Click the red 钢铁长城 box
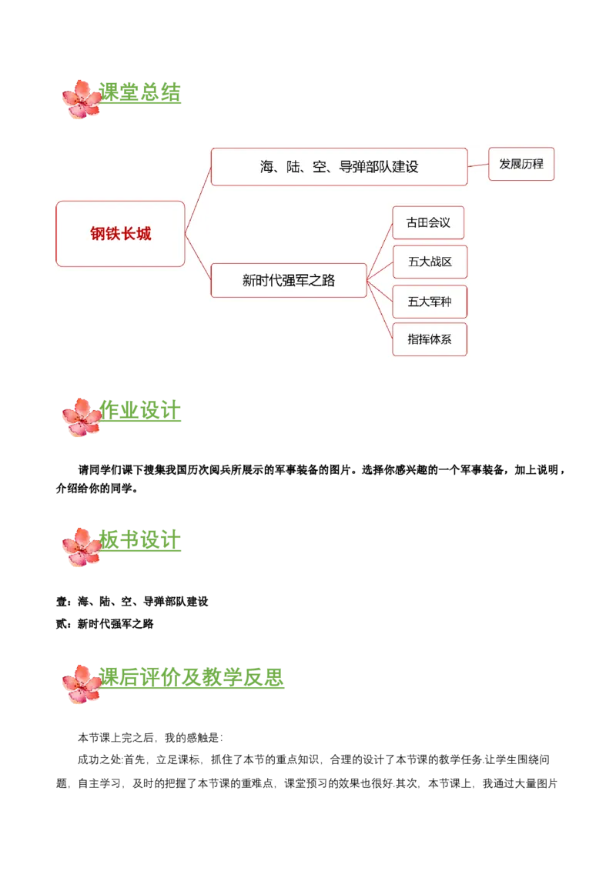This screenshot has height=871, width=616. (x=120, y=234)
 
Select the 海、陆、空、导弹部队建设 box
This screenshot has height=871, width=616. (x=339, y=167)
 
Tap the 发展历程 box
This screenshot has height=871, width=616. (x=521, y=164)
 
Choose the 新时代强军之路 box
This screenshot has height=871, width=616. (x=289, y=281)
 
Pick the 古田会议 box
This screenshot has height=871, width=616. (x=428, y=222)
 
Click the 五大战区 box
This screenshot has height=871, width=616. (x=430, y=262)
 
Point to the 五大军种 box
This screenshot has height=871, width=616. (x=430, y=302)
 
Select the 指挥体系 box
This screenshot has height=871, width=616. (x=430, y=339)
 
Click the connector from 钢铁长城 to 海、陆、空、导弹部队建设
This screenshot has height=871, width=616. (x=198, y=200)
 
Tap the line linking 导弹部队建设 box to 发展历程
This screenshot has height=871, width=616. (x=478, y=165)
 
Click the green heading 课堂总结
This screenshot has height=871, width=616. (x=142, y=93)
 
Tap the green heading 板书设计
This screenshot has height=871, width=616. (x=142, y=540)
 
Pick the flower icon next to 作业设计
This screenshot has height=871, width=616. (x=81, y=417)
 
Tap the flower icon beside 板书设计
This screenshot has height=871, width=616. (x=81, y=547)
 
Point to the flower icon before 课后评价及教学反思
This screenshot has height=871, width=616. (x=81, y=683)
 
